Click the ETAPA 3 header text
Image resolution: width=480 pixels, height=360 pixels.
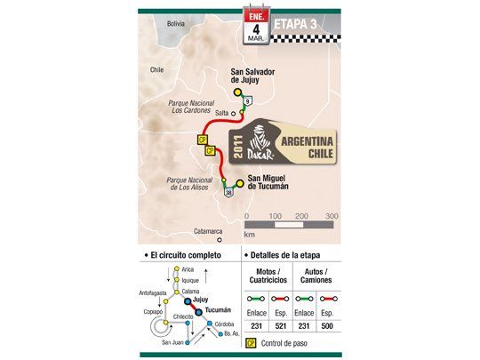coord(299,20)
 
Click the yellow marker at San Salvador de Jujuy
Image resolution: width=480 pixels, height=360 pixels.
coord(237,91)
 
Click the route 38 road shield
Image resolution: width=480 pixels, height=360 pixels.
coord(228,192)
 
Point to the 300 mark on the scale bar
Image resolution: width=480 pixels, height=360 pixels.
coord(331,216)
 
